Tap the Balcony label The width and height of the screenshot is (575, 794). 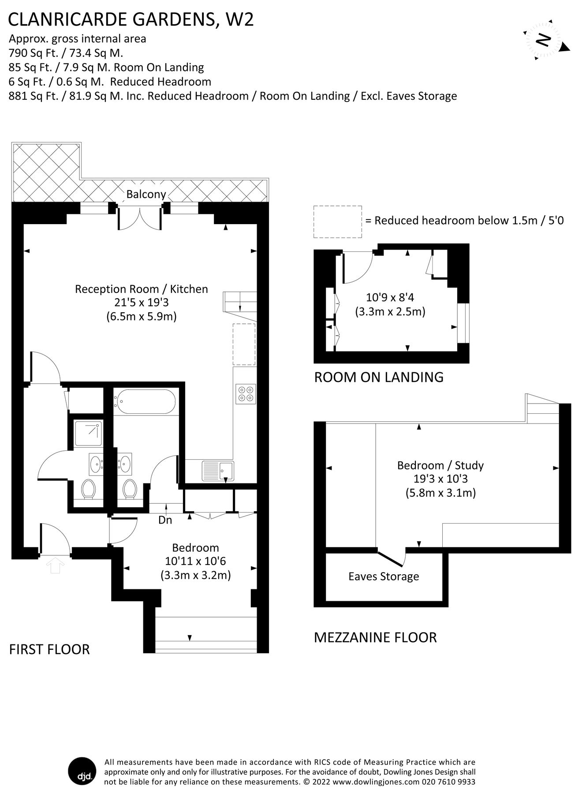pyautogui.click(x=146, y=194)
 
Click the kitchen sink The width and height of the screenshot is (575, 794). pyautogui.click(x=218, y=470)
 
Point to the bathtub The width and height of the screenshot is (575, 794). pyautogui.click(x=145, y=401)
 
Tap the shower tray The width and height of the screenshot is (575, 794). pyautogui.click(x=88, y=433)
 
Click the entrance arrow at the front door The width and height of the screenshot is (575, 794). pyautogui.click(x=55, y=565)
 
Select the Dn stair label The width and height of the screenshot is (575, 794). pyautogui.click(x=165, y=520)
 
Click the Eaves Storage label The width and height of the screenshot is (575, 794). pyautogui.click(x=383, y=577)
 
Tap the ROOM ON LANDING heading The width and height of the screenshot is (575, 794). pyautogui.click(x=378, y=377)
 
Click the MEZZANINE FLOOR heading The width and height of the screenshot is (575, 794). pyautogui.click(x=375, y=637)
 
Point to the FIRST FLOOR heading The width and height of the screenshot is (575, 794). pyautogui.click(x=49, y=649)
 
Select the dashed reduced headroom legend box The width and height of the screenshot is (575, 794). pyautogui.click(x=338, y=222)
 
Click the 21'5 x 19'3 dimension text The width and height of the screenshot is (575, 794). pyautogui.click(x=141, y=303)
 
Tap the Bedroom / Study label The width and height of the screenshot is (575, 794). pyautogui.click(x=440, y=465)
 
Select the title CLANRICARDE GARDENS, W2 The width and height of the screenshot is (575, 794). pyautogui.click(x=131, y=20)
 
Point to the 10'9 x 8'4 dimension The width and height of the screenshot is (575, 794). pyautogui.click(x=390, y=297)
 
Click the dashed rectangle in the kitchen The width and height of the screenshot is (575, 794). pyautogui.click(x=244, y=344)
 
